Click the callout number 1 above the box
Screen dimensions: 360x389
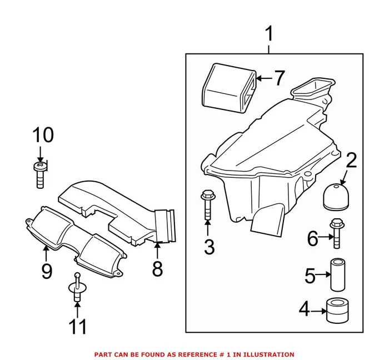(269, 35)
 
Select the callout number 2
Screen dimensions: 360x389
(351, 161)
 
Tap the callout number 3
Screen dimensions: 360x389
(208, 246)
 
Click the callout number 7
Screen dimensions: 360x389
(278, 78)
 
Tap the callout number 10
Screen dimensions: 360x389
(43, 135)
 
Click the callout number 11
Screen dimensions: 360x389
(78, 327)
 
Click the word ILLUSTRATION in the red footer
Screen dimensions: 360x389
(269, 354)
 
